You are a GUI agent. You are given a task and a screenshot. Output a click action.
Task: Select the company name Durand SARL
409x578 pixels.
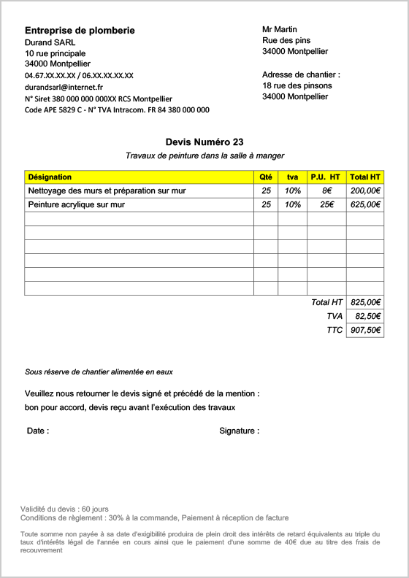click(x=50, y=42)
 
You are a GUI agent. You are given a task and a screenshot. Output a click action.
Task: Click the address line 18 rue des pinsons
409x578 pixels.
click(x=297, y=85)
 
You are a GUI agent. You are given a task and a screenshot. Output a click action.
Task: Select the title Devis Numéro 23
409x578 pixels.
click(x=204, y=142)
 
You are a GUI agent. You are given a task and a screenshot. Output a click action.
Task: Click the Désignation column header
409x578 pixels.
click(x=50, y=177)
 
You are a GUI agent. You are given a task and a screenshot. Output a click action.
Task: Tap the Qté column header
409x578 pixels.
click(x=266, y=177)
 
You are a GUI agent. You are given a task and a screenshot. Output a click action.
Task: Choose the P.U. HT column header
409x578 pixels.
click(x=326, y=177)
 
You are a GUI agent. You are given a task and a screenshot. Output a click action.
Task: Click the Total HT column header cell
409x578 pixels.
click(x=365, y=177)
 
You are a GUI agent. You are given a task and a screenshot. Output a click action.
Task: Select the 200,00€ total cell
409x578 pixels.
click(x=365, y=190)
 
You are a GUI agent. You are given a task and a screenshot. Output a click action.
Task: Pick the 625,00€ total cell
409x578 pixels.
click(x=365, y=205)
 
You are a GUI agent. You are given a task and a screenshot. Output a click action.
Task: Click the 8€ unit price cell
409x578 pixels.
click(x=326, y=190)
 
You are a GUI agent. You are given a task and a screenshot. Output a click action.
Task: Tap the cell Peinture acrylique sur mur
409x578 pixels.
click(x=76, y=205)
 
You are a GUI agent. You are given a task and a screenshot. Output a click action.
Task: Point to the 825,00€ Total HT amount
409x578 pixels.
click(x=365, y=302)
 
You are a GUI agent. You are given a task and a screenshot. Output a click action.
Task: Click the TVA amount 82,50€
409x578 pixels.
click(x=367, y=316)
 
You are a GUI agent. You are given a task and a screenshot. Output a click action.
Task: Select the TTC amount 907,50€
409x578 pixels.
click(x=365, y=330)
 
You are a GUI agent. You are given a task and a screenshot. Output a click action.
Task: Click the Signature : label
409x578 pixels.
click(x=239, y=431)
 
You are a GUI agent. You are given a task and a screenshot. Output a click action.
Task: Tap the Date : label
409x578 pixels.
click(x=38, y=431)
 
